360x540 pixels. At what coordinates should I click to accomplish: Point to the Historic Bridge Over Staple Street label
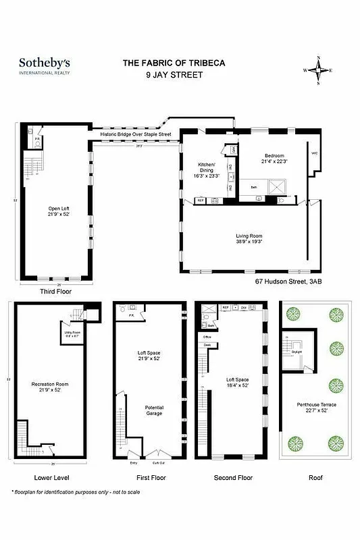pyautogui.click(x=136, y=134)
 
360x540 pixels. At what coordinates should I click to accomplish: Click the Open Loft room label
pyautogui.click(x=58, y=211)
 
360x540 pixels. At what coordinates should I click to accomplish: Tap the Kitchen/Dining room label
pyautogui.click(x=206, y=169)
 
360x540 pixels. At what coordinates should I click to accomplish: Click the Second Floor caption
pyautogui.click(x=234, y=477)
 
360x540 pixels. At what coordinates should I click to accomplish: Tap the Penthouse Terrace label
pyautogui.click(x=312, y=408)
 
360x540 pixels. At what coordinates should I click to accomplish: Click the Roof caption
pyautogui.click(x=315, y=477)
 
